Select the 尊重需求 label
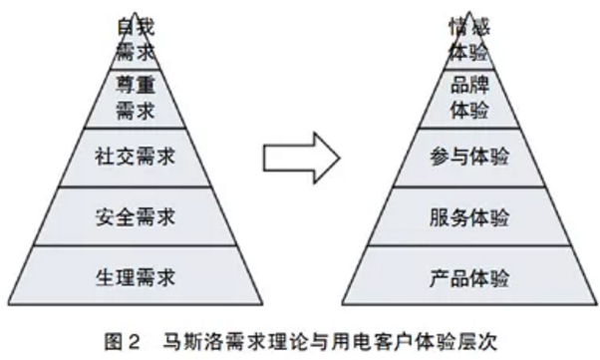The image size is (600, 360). point(127,97)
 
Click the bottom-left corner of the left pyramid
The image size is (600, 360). point(8,305)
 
